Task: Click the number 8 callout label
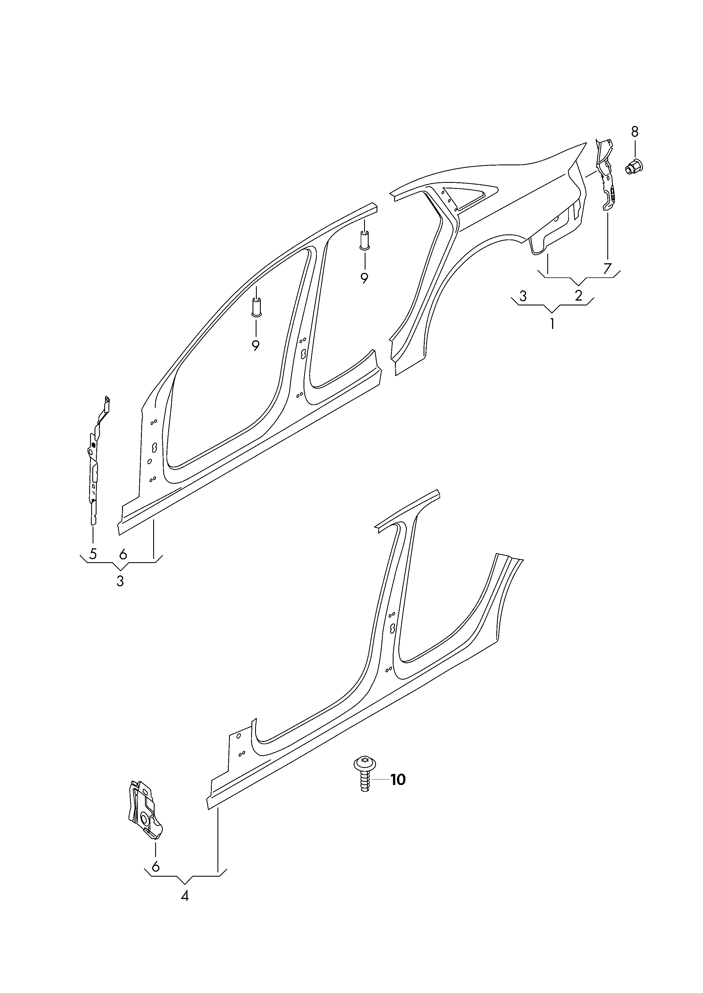tap(634, 132)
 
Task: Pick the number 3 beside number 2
tap(523, 296)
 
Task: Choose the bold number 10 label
tap(398, 780)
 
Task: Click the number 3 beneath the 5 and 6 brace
tap(120, 581)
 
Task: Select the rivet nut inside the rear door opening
tap(364, 241)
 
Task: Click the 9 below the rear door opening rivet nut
tap(364, 278)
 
